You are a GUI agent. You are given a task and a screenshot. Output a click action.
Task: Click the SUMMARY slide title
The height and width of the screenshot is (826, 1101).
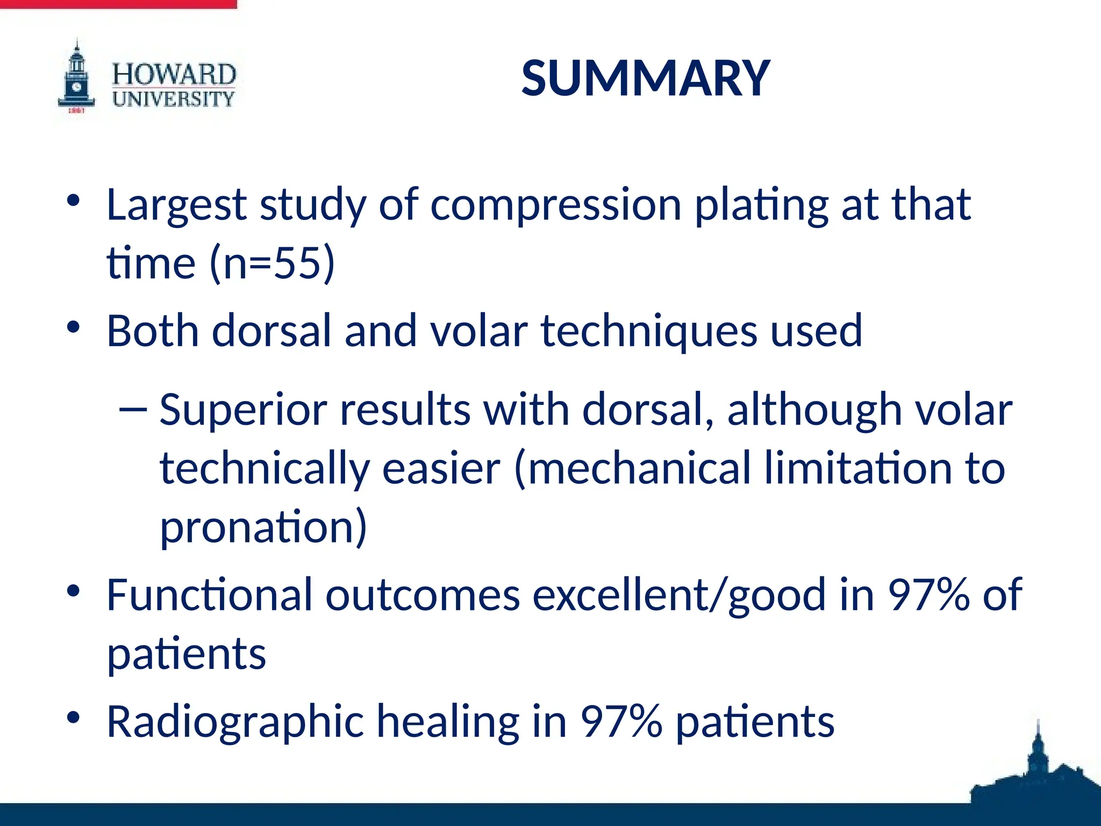646,79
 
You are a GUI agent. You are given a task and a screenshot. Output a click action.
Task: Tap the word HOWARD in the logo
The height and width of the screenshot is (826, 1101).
174,74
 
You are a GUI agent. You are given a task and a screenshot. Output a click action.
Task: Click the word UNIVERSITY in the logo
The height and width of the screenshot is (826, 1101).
174,99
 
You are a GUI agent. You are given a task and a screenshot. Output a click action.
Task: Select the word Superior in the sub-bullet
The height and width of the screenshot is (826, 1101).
243,410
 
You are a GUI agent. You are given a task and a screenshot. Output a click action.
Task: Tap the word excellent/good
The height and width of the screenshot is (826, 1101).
678,595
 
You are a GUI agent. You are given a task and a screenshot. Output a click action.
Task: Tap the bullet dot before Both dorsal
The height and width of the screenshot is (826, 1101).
74,326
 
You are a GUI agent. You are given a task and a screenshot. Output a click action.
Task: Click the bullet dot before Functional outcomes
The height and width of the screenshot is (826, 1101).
74,591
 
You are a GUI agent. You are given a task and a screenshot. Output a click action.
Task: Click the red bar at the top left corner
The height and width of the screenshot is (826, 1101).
118,4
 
